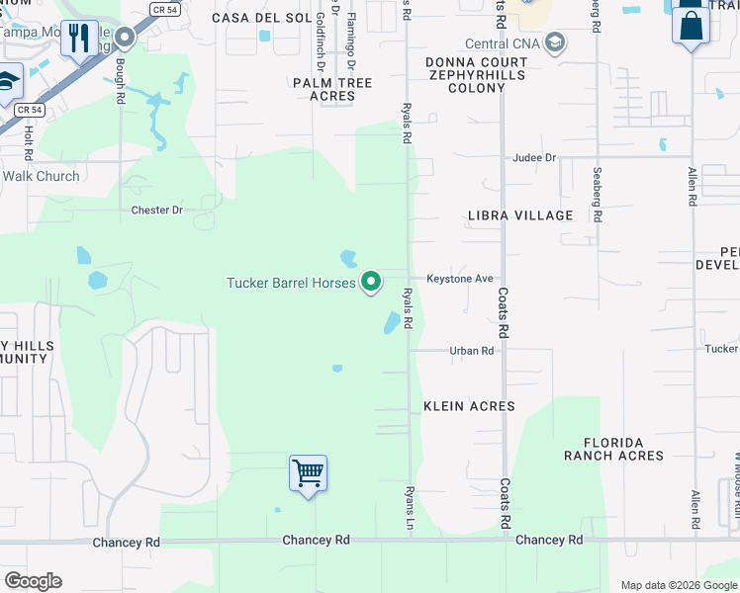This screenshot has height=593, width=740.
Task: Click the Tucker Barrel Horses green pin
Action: (371, 282)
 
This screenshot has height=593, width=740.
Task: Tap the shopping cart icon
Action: (308, 473)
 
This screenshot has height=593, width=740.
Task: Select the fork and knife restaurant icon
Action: (79, 38)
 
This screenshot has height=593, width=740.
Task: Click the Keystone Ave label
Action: (459, 279)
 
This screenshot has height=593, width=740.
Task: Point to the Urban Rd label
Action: (471, 351)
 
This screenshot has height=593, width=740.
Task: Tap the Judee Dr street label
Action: (534, 158)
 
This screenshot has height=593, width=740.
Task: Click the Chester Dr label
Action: (157, 211)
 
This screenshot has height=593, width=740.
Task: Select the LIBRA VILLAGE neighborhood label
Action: (520, 215)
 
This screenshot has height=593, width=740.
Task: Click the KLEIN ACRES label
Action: (469, 406)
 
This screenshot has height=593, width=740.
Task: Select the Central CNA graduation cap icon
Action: (555, 43)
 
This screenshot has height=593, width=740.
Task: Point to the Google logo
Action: (33, 581)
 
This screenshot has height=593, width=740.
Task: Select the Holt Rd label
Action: (29, 142)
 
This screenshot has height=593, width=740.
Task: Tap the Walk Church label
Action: (41, 177)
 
